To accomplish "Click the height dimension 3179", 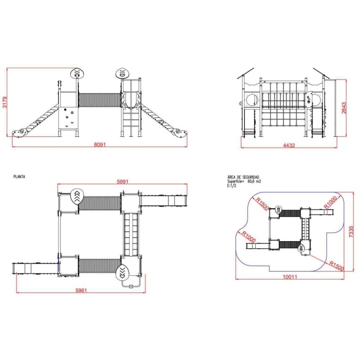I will [4, 103].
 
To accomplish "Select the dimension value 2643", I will [344, 108].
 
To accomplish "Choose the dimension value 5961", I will [81, 290].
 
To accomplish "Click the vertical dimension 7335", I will [351, 230].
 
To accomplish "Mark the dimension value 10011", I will [290, 277].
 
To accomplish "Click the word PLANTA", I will [19, 177].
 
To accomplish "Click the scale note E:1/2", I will [232, 185].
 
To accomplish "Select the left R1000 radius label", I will [248, 237].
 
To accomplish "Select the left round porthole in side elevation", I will [252, 99].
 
